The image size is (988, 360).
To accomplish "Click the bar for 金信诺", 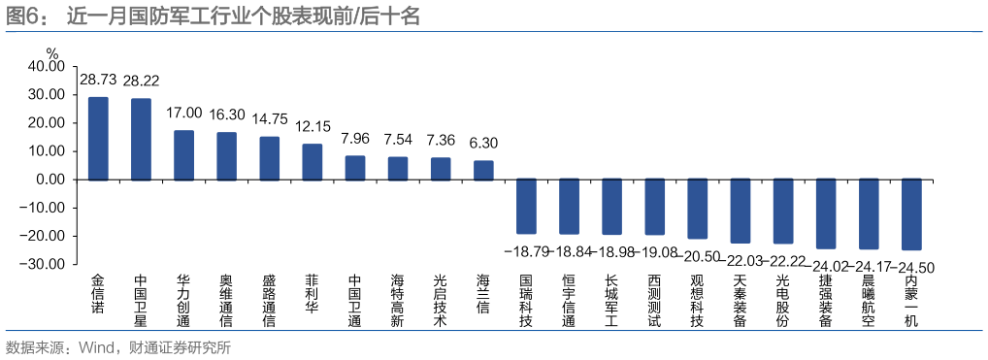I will point(98,138).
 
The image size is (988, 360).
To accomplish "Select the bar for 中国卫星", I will point(141,139).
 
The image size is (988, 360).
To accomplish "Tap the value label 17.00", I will point(183,114).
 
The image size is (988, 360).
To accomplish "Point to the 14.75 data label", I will point(269,119).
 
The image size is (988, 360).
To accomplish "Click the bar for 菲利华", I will point(312,161).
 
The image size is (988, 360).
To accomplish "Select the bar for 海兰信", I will point(483,170).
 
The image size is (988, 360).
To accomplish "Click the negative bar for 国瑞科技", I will point(526,206).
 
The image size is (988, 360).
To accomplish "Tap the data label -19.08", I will point(653,251).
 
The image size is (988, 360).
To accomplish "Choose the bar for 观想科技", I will point(697,209).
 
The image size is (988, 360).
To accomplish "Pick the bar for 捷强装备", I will point(825,213).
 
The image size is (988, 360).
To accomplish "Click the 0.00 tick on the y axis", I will point(50,180).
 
